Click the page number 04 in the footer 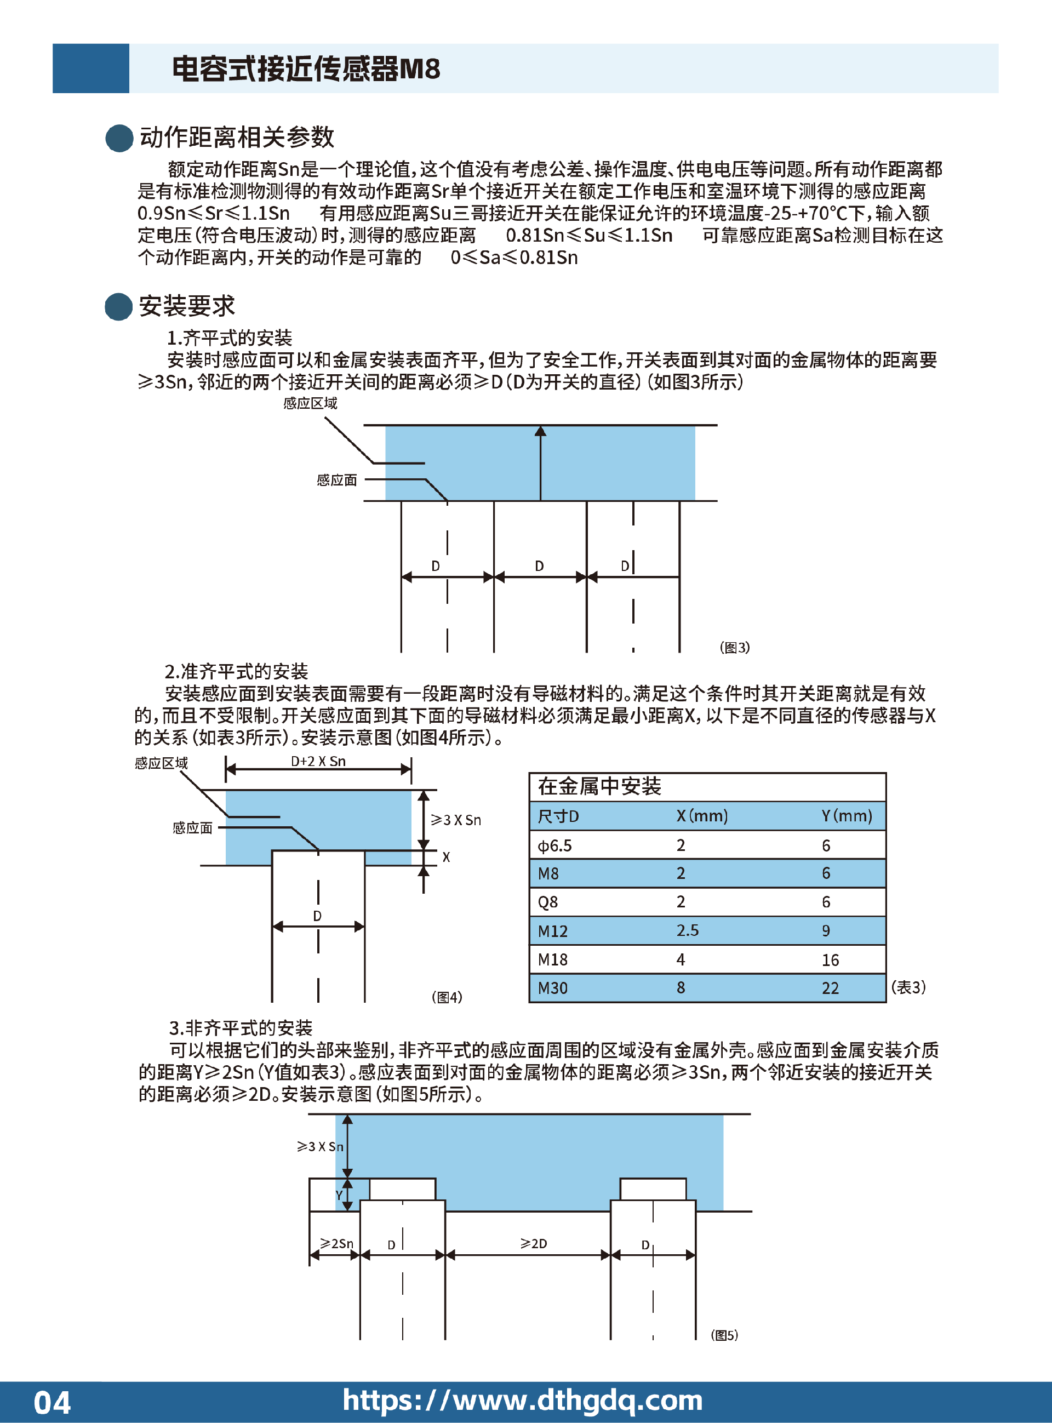52,1403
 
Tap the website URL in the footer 522,1401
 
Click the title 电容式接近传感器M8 306,68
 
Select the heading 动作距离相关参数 237,137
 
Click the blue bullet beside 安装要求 118,306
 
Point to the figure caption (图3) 735,648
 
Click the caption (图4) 447,997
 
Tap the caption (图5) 725,1335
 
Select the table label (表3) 908,987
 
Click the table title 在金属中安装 600,787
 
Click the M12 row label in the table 553,931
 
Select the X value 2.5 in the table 688,931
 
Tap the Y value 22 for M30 831,988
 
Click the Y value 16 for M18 831,960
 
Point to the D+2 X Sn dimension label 318,762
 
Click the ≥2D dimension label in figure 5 534,1243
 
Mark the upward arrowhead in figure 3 541,431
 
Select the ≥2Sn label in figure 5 336,1243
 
